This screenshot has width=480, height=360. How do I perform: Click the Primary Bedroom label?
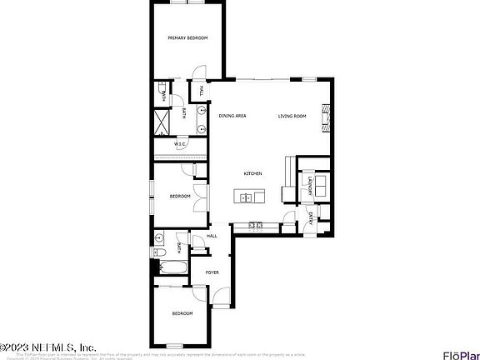[x=187, y=38]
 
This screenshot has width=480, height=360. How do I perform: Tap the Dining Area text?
[x=232, y=116]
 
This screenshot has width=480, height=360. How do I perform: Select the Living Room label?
[x=292, y=116]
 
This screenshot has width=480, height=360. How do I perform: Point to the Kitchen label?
[x=252, y=173]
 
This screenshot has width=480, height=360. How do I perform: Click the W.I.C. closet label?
[x=179, y=144]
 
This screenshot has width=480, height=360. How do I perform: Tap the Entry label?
[x=311, y=219]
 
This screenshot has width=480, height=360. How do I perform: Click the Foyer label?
[x=212, y=272]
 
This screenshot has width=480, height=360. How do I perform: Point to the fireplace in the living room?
[x=328, y=117]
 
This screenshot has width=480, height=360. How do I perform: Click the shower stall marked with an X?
[x=162, y=122]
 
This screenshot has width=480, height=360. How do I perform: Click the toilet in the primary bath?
[x=159, y=87]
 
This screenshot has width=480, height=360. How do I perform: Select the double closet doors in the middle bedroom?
[x=195, y=170]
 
